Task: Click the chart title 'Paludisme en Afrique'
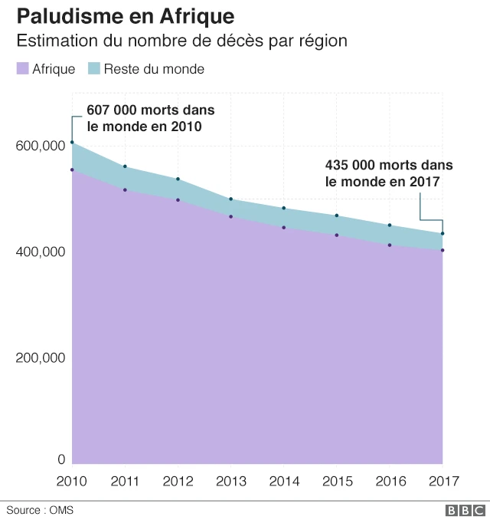(126, 15)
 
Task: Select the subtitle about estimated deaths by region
(182, 41)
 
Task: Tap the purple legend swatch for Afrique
(22, 69)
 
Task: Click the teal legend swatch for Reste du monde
(94, 69)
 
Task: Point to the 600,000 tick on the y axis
(38, 146)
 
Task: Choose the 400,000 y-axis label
(38, 252)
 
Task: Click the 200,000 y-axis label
(38, 357)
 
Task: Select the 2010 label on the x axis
(72, 482)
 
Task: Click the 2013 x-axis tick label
(230, 482)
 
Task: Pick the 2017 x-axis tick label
(443, 482)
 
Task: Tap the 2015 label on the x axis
(336, 482)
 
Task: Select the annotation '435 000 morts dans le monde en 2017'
(388, 173)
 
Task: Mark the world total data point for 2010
(72, 143)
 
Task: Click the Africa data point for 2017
(443, 250)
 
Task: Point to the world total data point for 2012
(178, 179)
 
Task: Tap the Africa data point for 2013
(230, 217)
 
